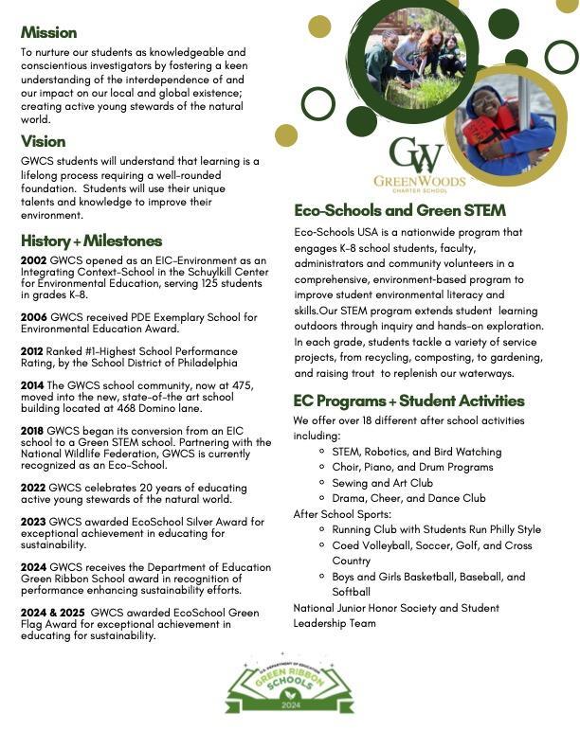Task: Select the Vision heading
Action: [44, 141]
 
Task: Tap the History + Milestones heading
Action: [91, 241]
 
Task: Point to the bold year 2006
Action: [33, 316]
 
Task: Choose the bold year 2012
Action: [33, 349]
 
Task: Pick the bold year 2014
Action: [33, 383]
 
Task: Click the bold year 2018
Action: [33, 429]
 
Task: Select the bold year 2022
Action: [33, 486]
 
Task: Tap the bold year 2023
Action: [33, 521]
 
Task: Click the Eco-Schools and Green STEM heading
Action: [400, 210]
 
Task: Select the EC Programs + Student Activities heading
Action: [408, 401]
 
